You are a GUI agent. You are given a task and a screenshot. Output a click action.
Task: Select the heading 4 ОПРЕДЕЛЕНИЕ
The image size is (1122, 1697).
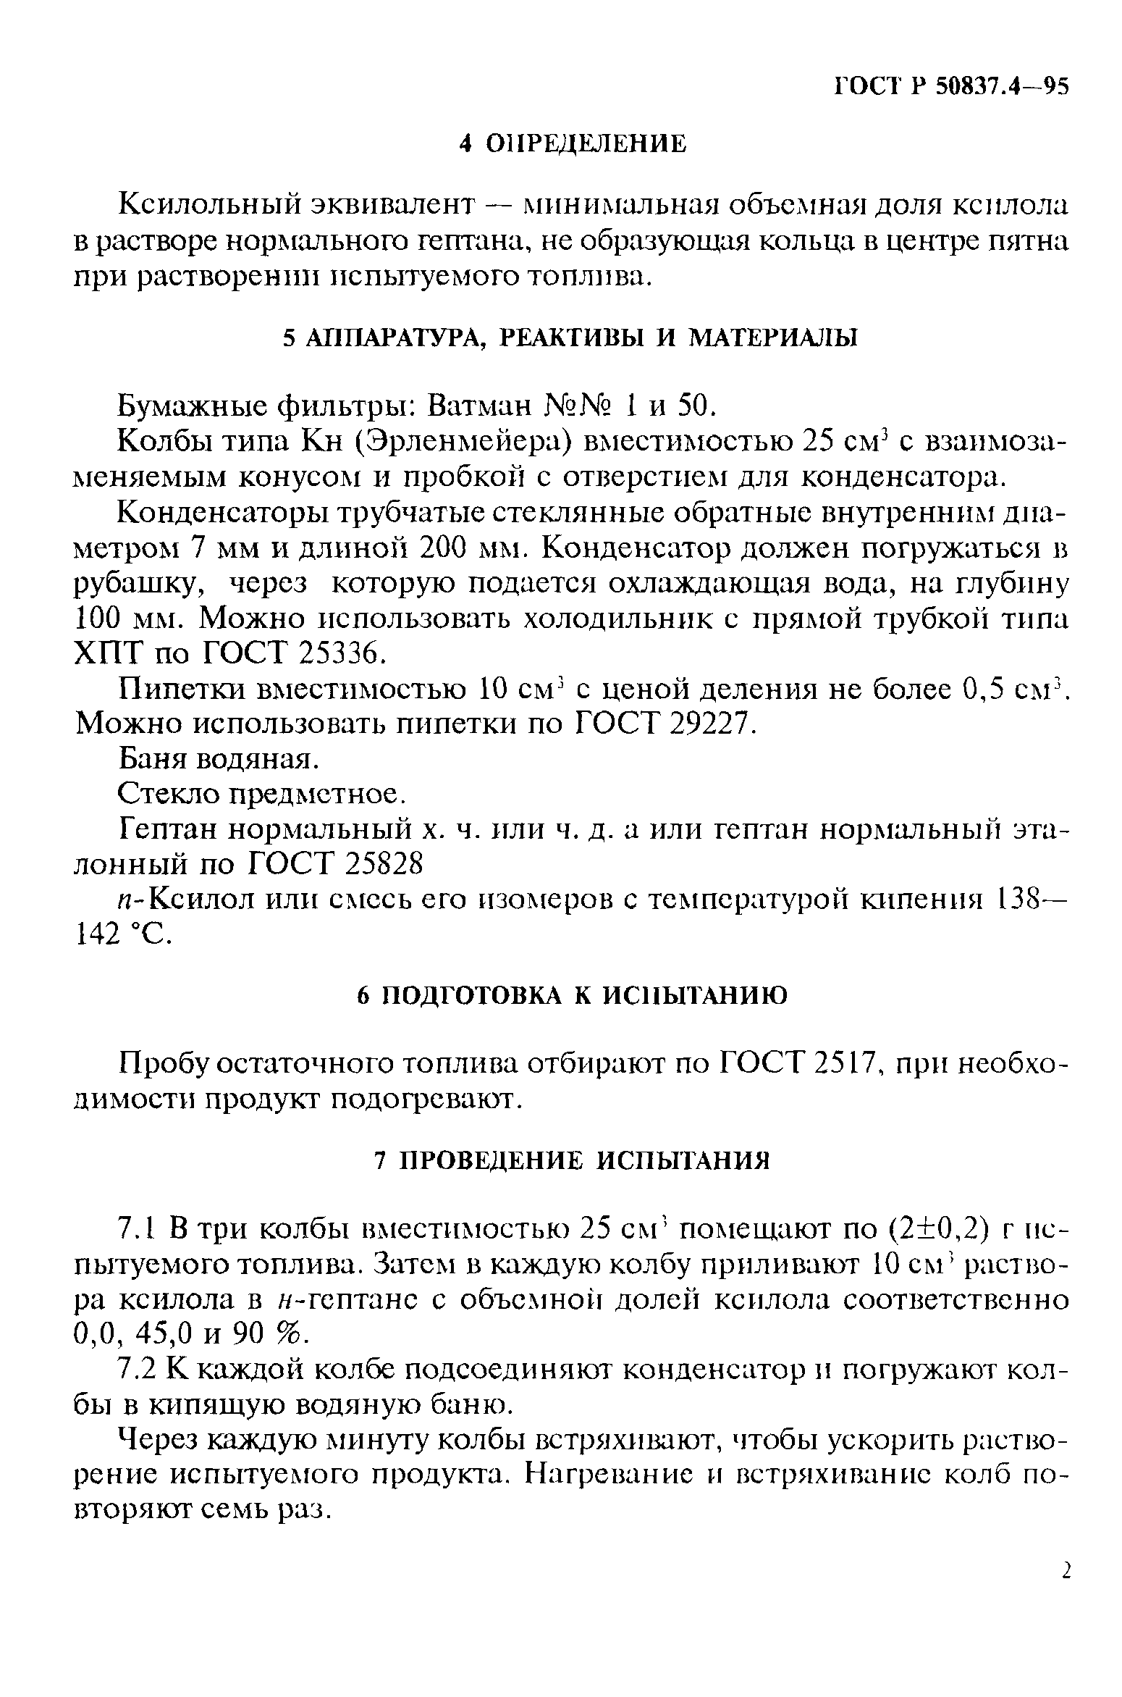coord(572,143)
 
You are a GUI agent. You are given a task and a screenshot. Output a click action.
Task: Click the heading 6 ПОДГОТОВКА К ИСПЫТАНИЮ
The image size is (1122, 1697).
coord(572,996)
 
